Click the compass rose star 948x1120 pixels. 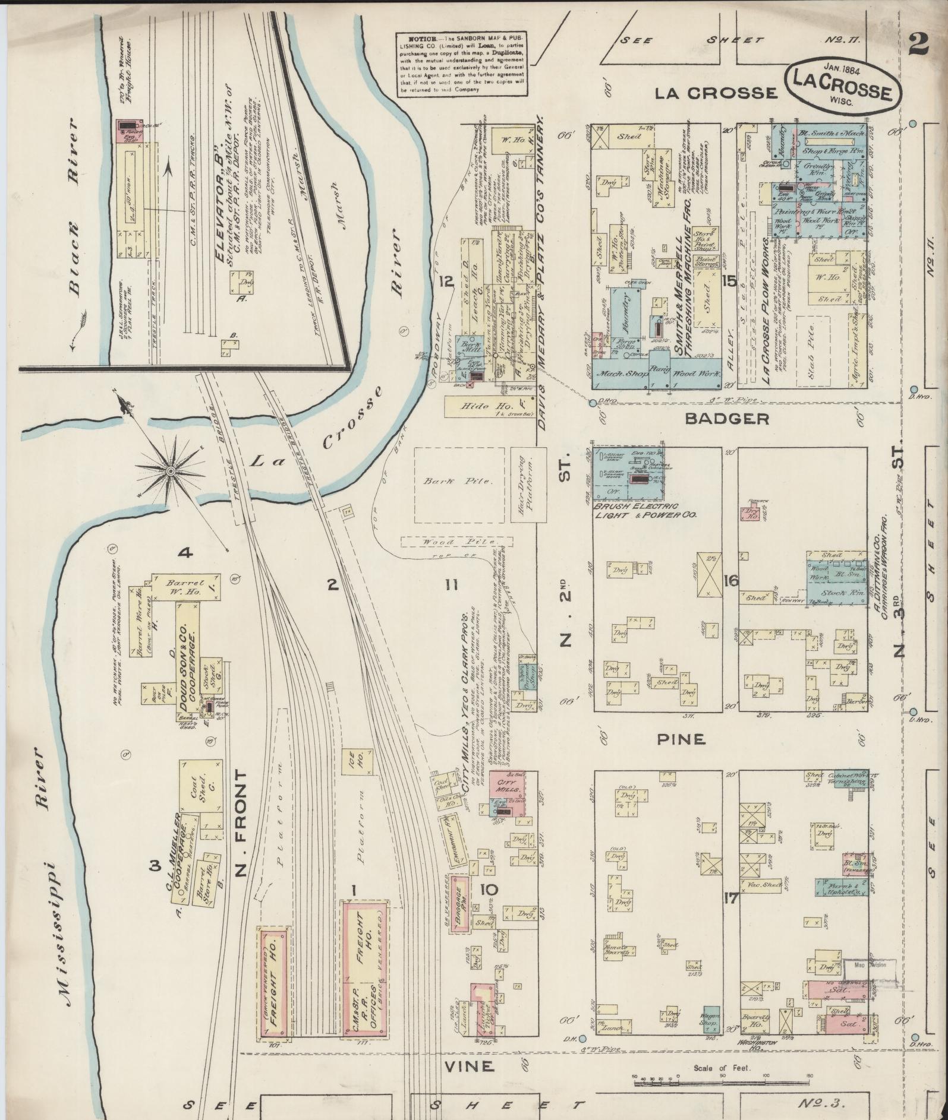[x=171, y=471]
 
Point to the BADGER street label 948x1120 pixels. [x=727, y=419]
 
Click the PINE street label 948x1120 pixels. [x=681, y=739]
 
